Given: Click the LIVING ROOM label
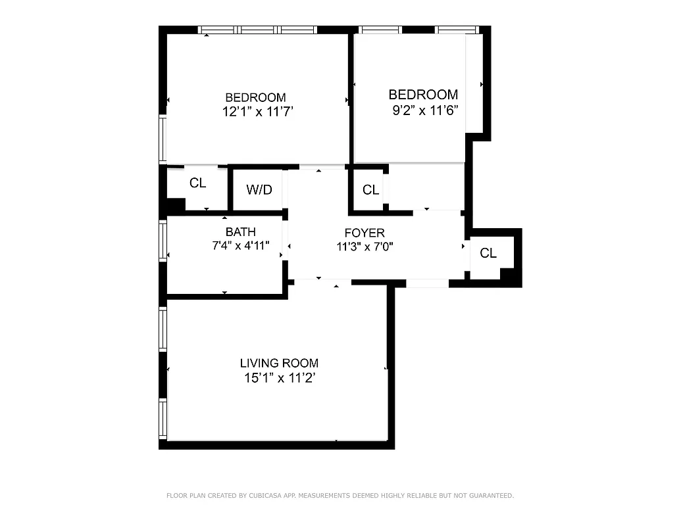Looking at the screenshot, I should pyautogui.click(x=279, y=363).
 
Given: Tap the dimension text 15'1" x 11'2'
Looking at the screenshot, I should pyautogui.click(x=281, y=378).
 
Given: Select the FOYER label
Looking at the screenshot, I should pyautogui.click(x=365, y=233).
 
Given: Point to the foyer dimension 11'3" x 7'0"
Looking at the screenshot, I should pyautogui.click(x=365, y=247).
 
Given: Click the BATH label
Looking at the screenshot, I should pyautogui.click(x=241, y=232).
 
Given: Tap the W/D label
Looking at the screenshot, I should pyautogui.click(x=259, y=190).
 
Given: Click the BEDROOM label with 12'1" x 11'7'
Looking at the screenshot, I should pyautogui.click(x=255, y=97).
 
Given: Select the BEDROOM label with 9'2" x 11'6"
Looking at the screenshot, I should pyautogui.click(x=423, y=95).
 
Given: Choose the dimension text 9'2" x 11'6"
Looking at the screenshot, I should pyautogui.click(x=425, y=110).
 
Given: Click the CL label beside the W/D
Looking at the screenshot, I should pyautogui.click(x=198, y=183).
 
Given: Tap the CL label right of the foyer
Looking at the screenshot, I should pyautogui.click(x=488, y=253).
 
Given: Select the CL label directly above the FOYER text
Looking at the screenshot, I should pyautogui.click(x=371, y=190).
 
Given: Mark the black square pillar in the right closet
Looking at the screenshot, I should pyautogui.click(x=507, y=274).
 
